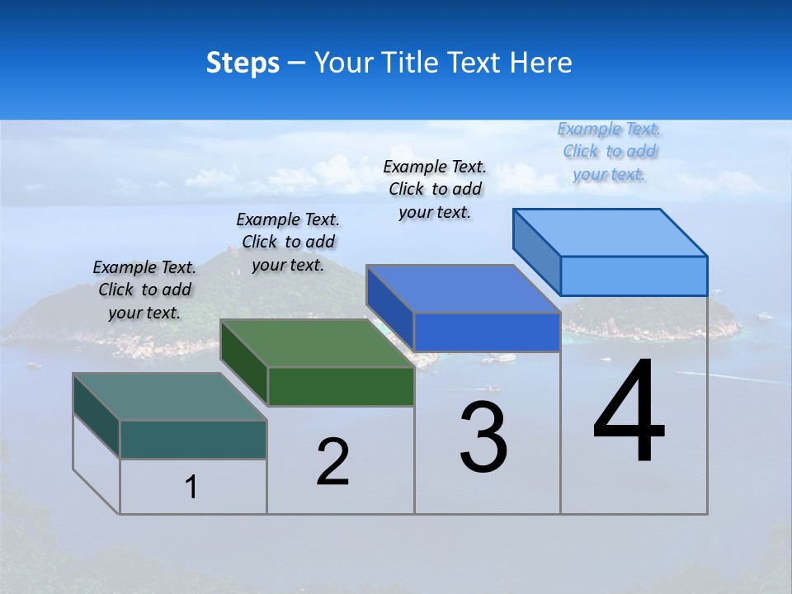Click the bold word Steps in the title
click(x=243, y=63)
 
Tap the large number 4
click(x=629, y=412)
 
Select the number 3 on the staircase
click(x=483, y=437)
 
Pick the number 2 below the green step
click(x=332, y=462)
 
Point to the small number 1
click(x=191, y=487)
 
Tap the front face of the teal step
click(x=193, y=439)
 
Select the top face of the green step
click(x=317, y=343)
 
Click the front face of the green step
click(x=341, y=386)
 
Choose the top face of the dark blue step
click(x=463, y=289)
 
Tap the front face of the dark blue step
click(x=487, y=332)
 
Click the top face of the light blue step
click(x=610, y=232)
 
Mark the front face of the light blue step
click(x=634, y=276)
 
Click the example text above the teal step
click(x=144, y=290)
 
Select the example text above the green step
click(x=288, y=242)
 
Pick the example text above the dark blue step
click(x=435, y=189)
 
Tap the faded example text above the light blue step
click(x=610, y=151)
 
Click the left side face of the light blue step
click(x=536, y=247)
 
